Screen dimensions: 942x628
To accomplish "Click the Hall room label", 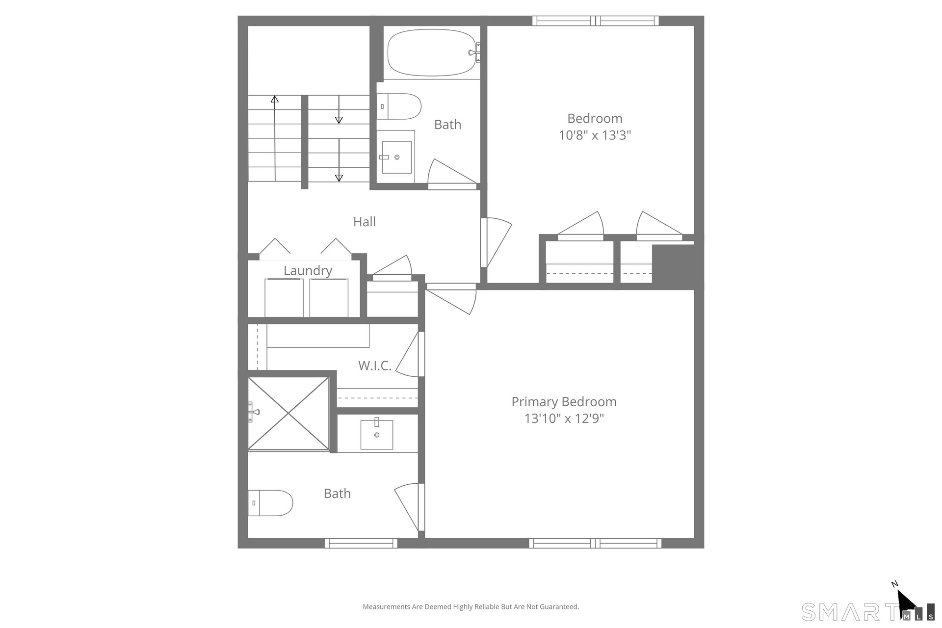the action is [x=365, y=222].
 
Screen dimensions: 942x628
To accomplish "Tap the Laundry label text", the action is [x=308, y=271].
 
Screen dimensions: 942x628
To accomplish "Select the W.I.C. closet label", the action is [x=375, y=366].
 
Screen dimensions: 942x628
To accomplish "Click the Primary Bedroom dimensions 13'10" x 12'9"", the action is [x=564, y=419].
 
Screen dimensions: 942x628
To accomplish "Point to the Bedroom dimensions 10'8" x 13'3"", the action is [x=595, y=135].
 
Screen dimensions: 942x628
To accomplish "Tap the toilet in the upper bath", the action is [x=399, y=106].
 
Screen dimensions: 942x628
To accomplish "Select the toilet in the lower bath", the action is [x=270, y=503].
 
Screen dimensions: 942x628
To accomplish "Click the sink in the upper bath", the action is [x=396, y=157].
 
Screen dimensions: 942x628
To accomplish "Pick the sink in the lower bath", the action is [x=377, y=434].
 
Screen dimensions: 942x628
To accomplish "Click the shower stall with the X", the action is [x=288, y=414].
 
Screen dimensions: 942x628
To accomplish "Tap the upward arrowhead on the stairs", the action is [x=275, y=99].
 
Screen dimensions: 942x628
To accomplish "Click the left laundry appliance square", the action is [x=284, y=298].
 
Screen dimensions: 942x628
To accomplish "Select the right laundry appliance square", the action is [x=329, y=298].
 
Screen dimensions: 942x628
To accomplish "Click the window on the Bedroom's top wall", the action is [x=596, y=21].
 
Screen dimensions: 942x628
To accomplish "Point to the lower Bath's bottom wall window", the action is [x=361, y=543].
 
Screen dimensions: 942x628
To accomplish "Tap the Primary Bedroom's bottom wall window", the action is [x=595, y=543].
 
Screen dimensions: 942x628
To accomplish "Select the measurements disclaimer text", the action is [x=471, y=607].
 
